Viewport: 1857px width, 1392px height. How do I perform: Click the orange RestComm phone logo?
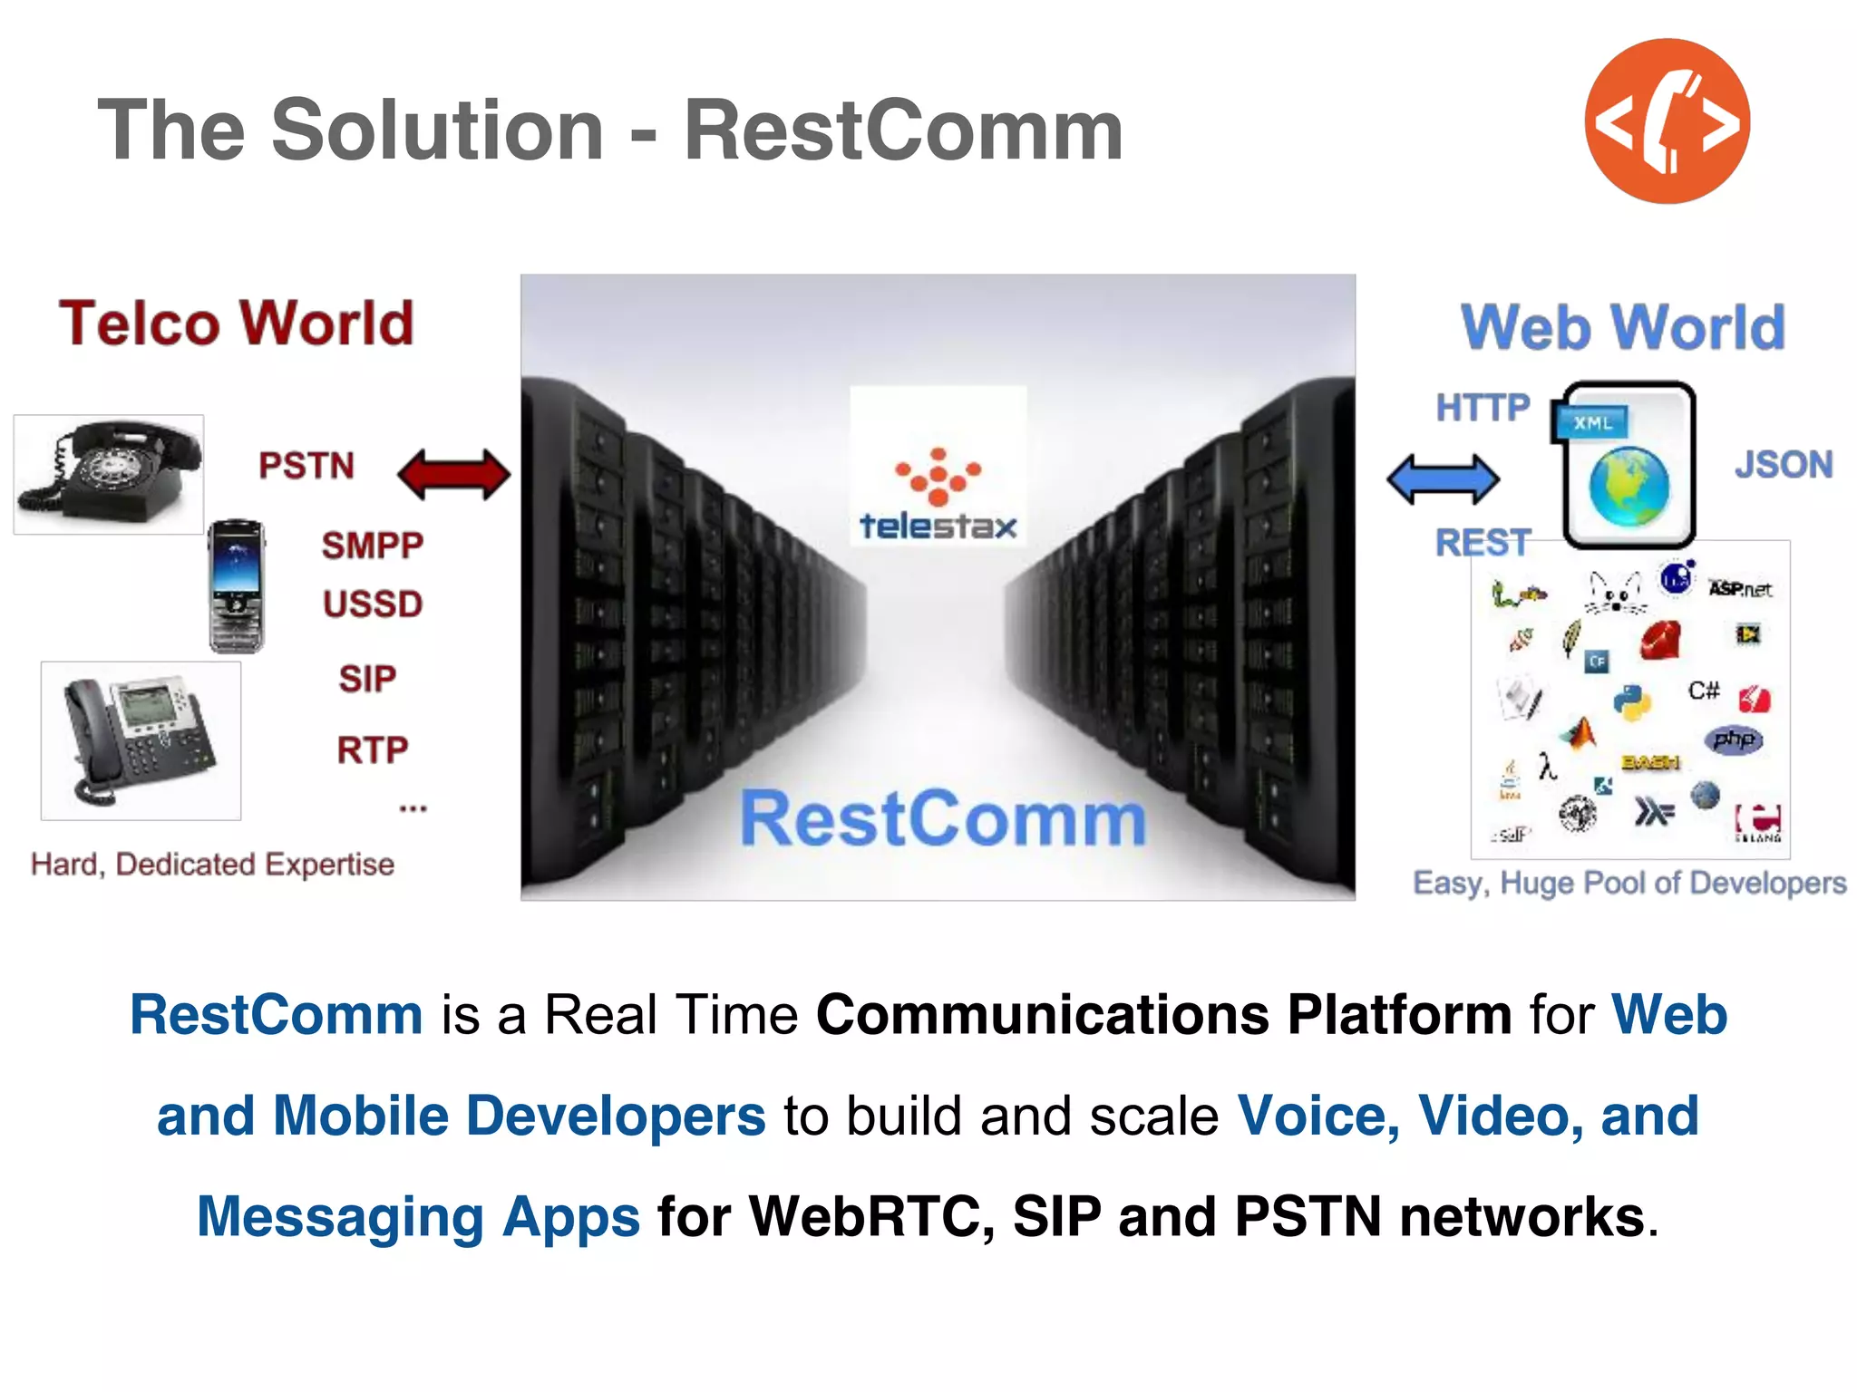(x=1667, y=121)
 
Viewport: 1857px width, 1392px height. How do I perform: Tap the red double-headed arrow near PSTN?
(x=454, y=475)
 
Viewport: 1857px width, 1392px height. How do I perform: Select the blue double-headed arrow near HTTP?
(x=1443, y=478)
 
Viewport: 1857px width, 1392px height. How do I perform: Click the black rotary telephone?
(x=109, y=474)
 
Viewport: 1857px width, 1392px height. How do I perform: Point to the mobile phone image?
(x=237, y=585)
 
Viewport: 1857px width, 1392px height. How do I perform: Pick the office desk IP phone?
(x=141, y=740)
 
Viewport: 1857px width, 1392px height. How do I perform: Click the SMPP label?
(x=372, y=546)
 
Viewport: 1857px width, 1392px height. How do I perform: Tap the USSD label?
(x=373, y=604)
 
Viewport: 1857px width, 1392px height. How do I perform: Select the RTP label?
(x=373, y=750)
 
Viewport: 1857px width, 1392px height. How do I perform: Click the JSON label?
(x=1783, y=465)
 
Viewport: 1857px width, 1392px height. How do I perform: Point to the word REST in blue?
(x=1483, y=543)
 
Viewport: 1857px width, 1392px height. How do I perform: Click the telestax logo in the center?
(x=938, y=494)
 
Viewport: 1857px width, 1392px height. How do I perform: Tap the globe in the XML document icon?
(x=1629, y=488)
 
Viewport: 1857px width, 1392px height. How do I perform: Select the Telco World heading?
(x=237, y=324)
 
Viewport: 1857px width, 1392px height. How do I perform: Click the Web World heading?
(x=1622, y=327)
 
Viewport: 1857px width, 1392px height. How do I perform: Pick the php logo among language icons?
(x=1734, y=739)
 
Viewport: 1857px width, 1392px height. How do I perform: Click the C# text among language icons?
(x=1703, y=691)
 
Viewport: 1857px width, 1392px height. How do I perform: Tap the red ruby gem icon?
(x=1661, y=640)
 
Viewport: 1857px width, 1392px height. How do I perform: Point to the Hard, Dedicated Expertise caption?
(x=212, y=865)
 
